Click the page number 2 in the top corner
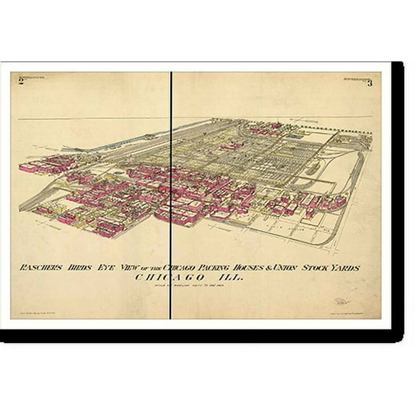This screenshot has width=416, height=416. click(x=21, y=83)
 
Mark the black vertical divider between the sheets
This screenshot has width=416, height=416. click(x=171, y=195)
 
